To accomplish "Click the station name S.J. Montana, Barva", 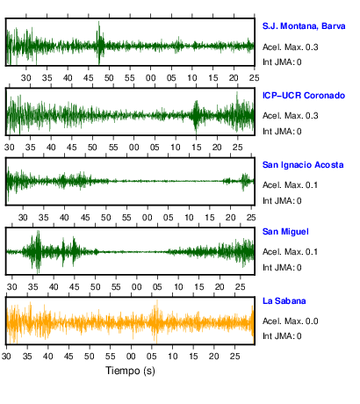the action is tap(304, 26).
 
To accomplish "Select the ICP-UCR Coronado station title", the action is tap(304, 96).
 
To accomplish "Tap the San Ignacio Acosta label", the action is tap(303, 165).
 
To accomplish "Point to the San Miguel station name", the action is tap(285, 232).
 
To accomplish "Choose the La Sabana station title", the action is tap(284, 301).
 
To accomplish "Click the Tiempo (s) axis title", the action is tap(130, 371).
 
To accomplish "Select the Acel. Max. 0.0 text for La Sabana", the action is tap(291, 321).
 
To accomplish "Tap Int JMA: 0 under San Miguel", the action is tap(282, 268).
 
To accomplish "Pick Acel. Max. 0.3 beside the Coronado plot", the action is tap(291, 116).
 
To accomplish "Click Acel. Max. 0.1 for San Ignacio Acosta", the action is tap(290, 185).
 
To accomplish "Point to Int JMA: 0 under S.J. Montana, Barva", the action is tap(282, 62).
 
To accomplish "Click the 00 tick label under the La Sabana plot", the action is tap(131, 357).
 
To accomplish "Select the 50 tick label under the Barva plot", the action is tap(109, 78).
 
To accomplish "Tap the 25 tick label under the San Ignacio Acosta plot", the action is tap(251, 218).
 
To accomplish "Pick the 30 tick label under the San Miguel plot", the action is tap(11, 287).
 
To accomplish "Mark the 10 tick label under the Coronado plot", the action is tap(176, 148).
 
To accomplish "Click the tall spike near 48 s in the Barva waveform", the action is tap(99, 42).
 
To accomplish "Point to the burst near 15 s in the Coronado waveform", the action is tap(196, 116).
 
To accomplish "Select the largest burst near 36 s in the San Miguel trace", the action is tap(37, 251).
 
